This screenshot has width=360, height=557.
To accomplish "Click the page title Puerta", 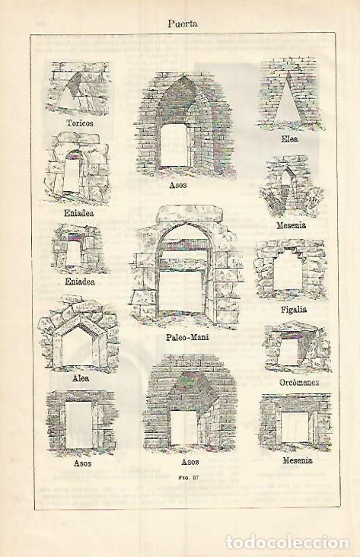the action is [x=183, y=24].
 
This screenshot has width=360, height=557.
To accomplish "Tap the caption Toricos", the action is [x=80, y=123].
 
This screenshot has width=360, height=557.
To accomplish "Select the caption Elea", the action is [x=290, y=139].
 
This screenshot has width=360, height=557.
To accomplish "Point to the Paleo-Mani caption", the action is [x=187, y=337].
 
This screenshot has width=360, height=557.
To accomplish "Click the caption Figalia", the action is [x=294, y=310].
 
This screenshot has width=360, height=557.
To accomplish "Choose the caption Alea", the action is [x=81, y=378].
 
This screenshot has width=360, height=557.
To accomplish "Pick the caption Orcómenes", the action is [x=299, y=383].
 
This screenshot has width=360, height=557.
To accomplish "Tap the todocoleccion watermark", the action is [x=288, y=543].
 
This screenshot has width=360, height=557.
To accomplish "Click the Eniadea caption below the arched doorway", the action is [x=79, y=213].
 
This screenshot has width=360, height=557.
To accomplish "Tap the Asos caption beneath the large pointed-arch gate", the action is [x=177, y=185].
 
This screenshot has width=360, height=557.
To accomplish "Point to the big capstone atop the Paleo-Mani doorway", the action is [x=190, y=213].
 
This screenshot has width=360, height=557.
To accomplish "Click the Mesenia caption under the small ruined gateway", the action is [x=291, y=225].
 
